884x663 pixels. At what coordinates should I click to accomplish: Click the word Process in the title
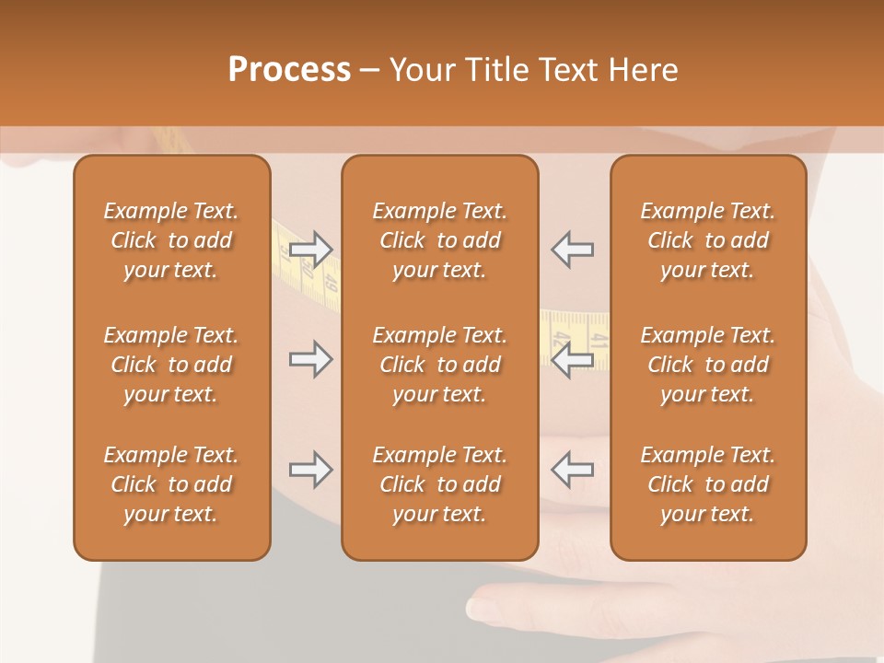coord(289,70)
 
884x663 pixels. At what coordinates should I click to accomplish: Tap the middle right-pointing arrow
coord(310,359)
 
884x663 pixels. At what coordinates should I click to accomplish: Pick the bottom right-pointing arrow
coord(310,470)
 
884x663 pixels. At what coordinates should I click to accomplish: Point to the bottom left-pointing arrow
coord(572,470)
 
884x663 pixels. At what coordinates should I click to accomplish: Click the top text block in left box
coord(171,240)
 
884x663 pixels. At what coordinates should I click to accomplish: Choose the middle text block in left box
coord(171,365)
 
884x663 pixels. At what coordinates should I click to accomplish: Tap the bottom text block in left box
coord(171,484)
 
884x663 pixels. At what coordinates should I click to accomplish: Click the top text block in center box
coord(439,240)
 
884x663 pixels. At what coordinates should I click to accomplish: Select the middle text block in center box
coord(439,365)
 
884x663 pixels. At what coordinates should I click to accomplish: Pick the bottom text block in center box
coord(439,484)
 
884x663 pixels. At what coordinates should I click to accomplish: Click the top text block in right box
coord(708,240)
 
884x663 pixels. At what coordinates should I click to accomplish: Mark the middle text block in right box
coord(708,365)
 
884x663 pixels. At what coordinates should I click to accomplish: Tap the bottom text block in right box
coord(708,484)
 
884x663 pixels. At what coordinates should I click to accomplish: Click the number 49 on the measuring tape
coord(331,286)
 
